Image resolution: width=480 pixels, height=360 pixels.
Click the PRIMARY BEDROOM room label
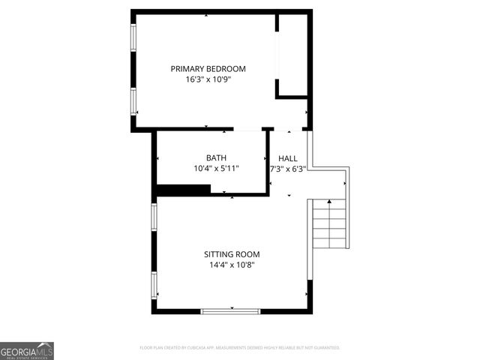click(x=208, y=68)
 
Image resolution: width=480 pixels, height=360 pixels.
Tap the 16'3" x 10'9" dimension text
click(x=208, y=79)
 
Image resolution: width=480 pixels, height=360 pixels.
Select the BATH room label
click(x=216, y=157)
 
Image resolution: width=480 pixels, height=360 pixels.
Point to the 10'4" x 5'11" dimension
click(x=216, y=169)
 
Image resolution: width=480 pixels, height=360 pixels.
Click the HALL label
click(x=288, y=158)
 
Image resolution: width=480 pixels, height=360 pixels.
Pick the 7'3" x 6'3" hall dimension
click(x=288, y=169)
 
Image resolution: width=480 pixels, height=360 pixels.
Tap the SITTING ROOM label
click(x=232, y=253)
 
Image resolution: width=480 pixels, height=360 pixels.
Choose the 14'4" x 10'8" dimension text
click(x=232, y=264)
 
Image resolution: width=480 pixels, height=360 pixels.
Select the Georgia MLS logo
click(x=27, y=351)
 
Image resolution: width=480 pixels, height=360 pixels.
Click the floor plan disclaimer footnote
click(x=240, y=348)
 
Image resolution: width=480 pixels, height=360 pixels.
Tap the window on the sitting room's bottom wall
click(x=231, y=310)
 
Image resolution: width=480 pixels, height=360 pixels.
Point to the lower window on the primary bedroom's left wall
click(x=134, y=100)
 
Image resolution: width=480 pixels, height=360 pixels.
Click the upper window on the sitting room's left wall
click(x=154, y=216)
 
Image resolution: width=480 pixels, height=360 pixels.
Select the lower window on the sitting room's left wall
click(x=154, y=285)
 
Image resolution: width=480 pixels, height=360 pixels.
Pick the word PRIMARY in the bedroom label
click(x=188, y=68)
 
